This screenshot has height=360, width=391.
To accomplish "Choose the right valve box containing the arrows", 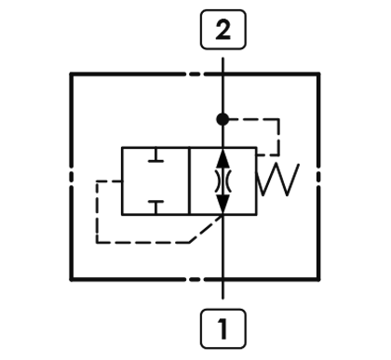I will pos(223,180).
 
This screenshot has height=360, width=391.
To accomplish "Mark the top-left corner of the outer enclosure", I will pos(73,73).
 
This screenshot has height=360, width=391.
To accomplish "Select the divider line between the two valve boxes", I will pos(189,180).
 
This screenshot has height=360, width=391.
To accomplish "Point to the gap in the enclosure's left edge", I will pos(73,177).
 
